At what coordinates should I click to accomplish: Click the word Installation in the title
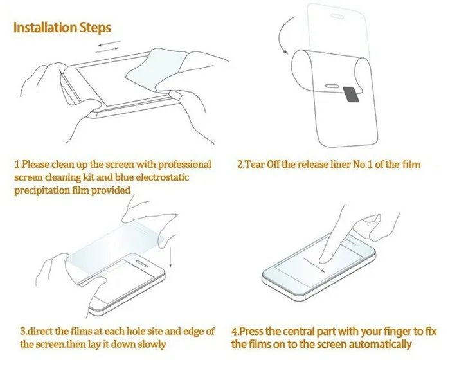coord(48,28)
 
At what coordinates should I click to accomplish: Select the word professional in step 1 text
coord(179,165)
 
